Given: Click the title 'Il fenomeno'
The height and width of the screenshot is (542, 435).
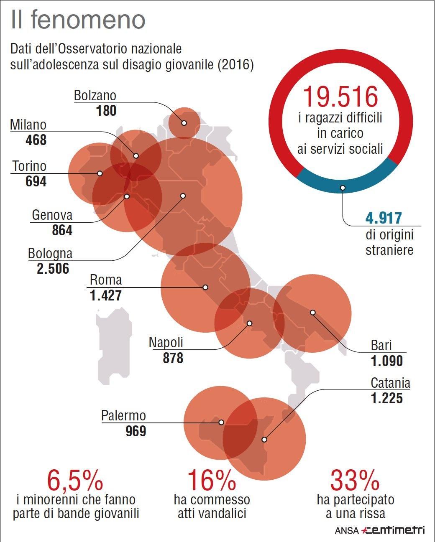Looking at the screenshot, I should click(78, 20).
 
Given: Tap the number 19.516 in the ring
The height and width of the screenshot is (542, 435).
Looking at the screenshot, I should click(340, 96).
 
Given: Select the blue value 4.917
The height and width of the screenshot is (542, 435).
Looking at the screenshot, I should click(384, 218).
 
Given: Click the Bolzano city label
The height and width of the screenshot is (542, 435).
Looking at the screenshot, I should click(95, 96).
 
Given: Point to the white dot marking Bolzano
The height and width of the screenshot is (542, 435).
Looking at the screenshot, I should click(184, 123).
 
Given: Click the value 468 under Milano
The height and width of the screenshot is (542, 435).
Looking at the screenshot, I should click(36, 140).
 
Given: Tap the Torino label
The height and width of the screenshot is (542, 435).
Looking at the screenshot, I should click(29, 166).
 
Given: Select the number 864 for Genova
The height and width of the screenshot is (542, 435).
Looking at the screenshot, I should click(62, 230).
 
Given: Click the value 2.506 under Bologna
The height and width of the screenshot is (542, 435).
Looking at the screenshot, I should click(53, 268).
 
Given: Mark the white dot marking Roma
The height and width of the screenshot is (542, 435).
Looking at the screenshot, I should click(205, 287).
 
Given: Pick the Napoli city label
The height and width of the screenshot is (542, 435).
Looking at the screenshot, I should click(166, 343).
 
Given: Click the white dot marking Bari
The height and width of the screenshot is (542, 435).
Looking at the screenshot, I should click(312, 312).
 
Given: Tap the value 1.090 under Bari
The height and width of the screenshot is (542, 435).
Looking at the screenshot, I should click(387, 361).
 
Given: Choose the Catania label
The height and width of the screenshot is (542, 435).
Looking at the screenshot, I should click(390, 383).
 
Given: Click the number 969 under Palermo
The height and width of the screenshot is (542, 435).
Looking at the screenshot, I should click(136, 430).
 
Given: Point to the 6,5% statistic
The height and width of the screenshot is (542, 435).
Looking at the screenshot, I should click(75, 480).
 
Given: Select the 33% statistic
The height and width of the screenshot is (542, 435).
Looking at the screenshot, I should click(355, 480).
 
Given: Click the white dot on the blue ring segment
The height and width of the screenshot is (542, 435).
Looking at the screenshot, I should click(343, 188).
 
